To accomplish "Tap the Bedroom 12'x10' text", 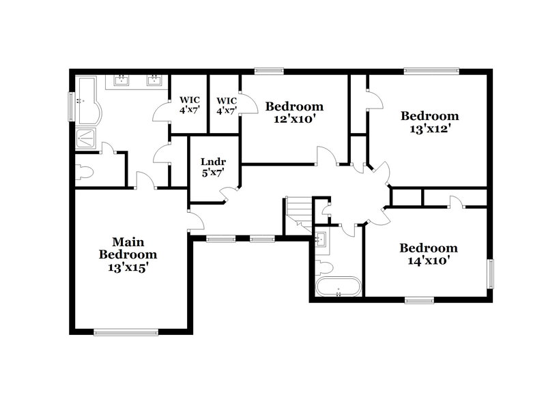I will pyautogui.click(x=294, y=113).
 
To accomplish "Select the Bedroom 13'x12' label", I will pyautogui.click(x=429, y=121).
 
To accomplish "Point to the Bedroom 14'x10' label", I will pyautogui.click(x=429, y=254).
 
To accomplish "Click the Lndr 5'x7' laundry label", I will pyautogui.click(x=213, y=168).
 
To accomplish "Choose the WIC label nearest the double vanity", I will pyautogui.click(x=189, y=104).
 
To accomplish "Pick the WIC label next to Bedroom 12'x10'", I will pyautogui.click(x=227, y=104).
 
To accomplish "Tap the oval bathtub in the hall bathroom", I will pyautogui.click(x=339, y=286).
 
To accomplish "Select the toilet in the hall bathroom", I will pyautogui.click(x=324, y=265).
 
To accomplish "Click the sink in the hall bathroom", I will pyautogui.click(x=321, y=239).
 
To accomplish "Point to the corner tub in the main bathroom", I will pyautogui.click(x=87, y=101).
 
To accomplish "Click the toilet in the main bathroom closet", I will pyautogui.click(x=85, y=171).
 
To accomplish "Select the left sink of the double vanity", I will pyautogui.click(x=123, y=80).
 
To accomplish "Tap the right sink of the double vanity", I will pyautogui.click(x=154, y=80).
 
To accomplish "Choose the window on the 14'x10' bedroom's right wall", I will pyautogui.click(x=490, y=273).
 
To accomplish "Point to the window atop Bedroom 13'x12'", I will pyautogui.click(x=431, y=70).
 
